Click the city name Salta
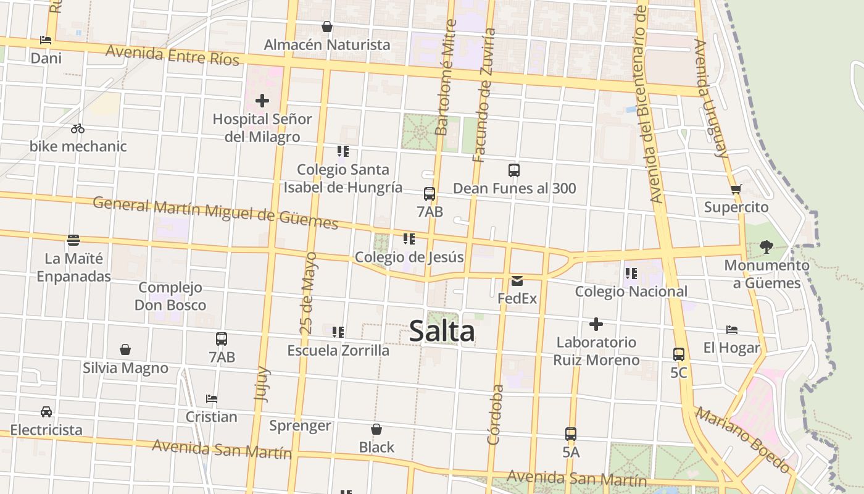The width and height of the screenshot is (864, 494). click(442, 332)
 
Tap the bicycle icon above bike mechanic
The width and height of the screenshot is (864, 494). click(78, 128)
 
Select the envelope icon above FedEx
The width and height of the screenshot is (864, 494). click(517, 281)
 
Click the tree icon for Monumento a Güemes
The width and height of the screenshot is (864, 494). click(766, 247)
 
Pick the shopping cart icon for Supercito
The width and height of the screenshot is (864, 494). click(736, 189)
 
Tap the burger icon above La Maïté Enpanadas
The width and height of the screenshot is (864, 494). click(73, 240)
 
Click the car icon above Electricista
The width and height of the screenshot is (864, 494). click(46, 411)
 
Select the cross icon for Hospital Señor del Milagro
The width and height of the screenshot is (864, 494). click(262, 100)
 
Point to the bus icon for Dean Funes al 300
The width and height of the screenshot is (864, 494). click(514, 170)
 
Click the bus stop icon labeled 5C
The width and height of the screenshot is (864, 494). click(679, 354)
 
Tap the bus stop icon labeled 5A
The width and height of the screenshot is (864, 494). click(571, 434)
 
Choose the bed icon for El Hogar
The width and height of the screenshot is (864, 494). click(732, 330)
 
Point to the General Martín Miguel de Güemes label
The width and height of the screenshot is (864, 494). click(215, 212)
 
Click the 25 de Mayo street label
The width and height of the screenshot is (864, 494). click(310, 293)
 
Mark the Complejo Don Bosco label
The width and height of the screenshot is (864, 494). click(170, 296)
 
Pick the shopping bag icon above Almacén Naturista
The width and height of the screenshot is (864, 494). click(327, 27)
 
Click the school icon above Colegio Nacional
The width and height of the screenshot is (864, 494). click(631, 273)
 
